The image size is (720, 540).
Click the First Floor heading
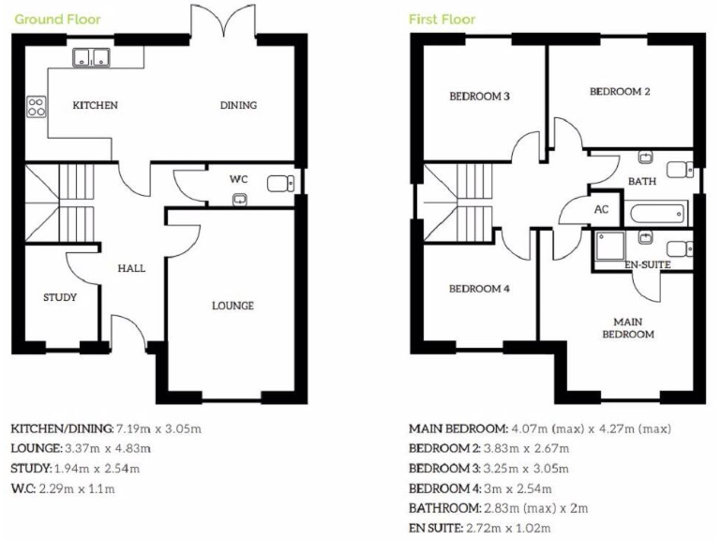442,20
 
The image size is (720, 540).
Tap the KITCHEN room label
96,105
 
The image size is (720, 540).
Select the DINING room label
238,105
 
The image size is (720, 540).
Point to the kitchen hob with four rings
37,107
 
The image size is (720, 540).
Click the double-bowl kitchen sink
92,58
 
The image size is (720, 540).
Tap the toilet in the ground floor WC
281,183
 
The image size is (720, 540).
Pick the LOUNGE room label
232,306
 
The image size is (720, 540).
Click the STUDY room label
59,297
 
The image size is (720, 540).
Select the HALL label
131,268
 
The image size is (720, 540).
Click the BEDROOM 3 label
479,97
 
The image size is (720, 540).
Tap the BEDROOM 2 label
620,92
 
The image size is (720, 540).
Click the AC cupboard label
602,210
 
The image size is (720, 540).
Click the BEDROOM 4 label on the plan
479,289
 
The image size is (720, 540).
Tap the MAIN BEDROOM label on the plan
627,327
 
